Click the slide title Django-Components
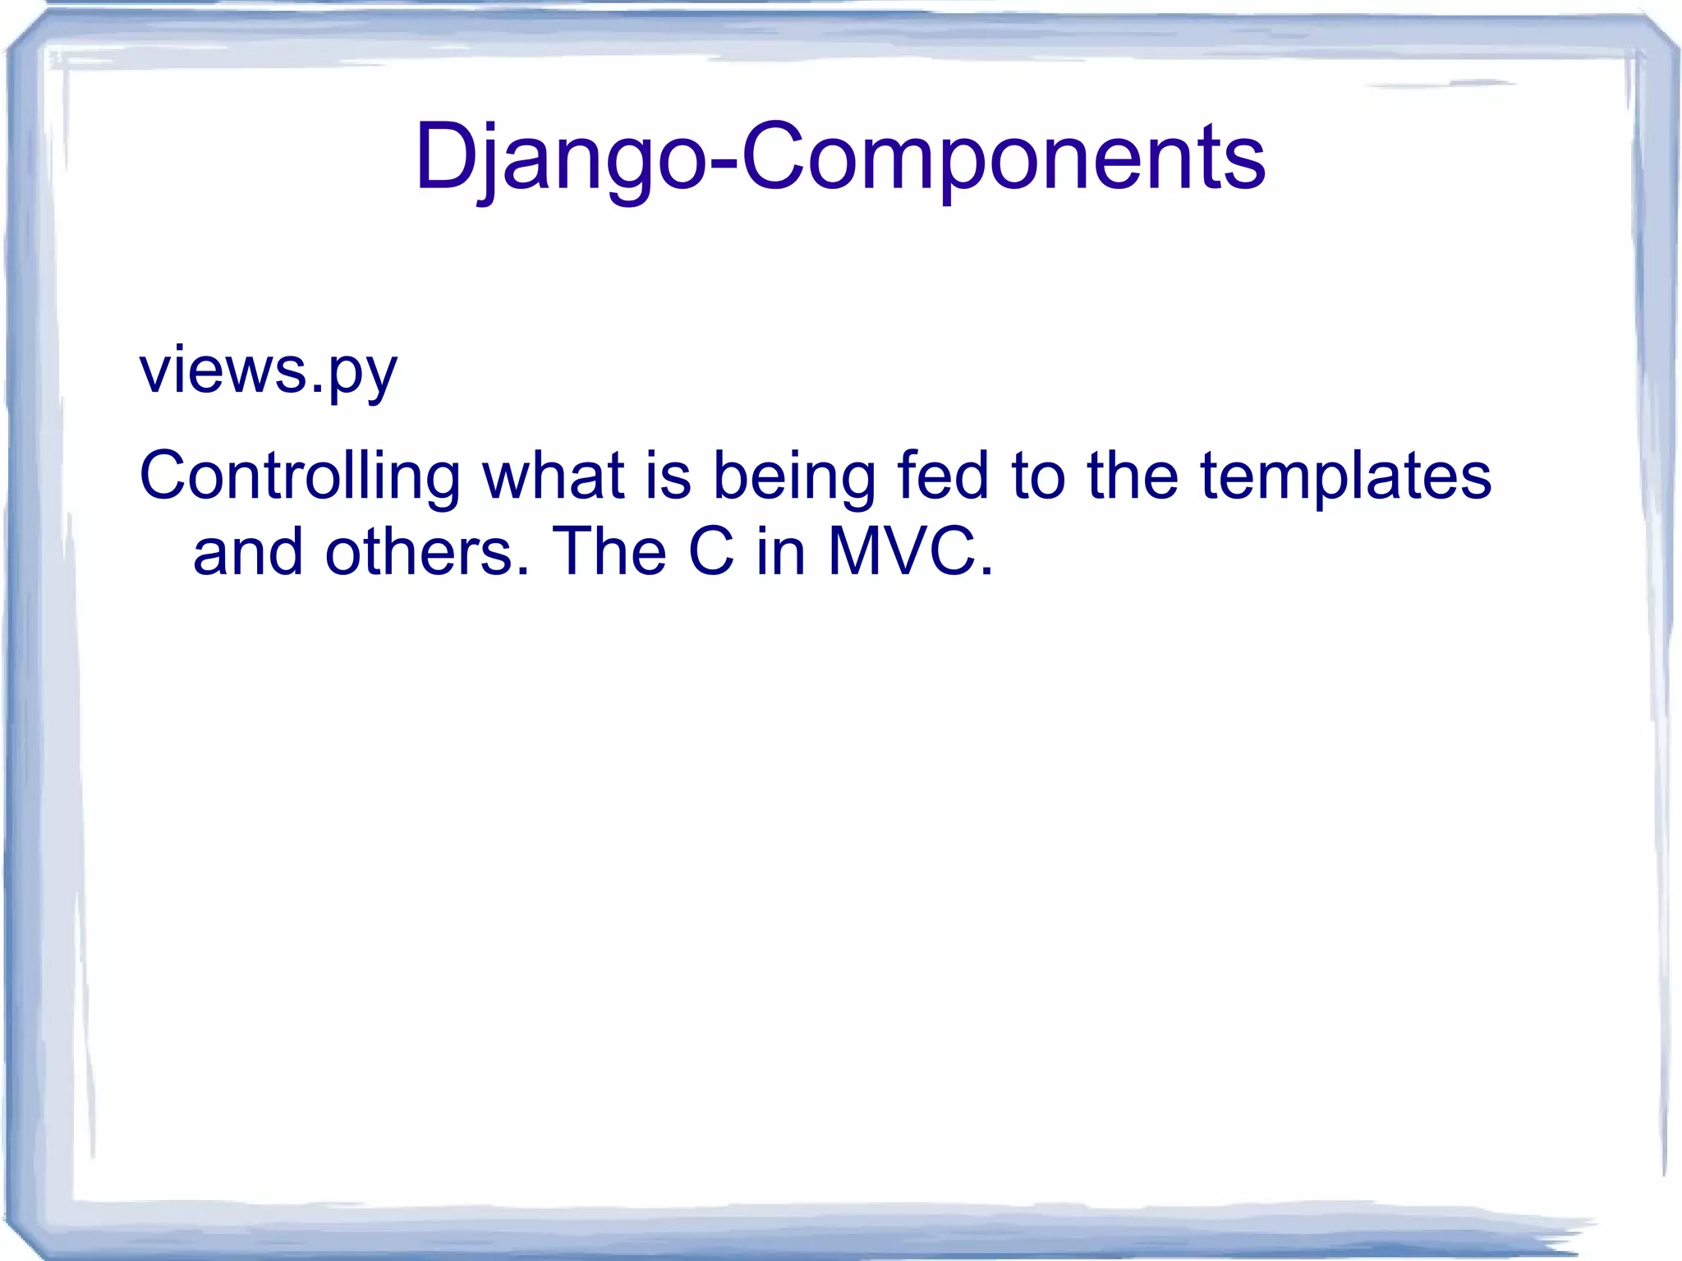coord(840,156)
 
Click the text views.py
coord(269,371)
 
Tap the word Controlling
coord(300,476)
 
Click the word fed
coord(942,476)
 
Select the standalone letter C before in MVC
coord(711,552)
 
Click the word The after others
coord(609,552)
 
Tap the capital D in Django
coord(444,156)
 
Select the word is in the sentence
coord(668,476)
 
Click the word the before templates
coord(1133,476)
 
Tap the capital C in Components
coord(773,156)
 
